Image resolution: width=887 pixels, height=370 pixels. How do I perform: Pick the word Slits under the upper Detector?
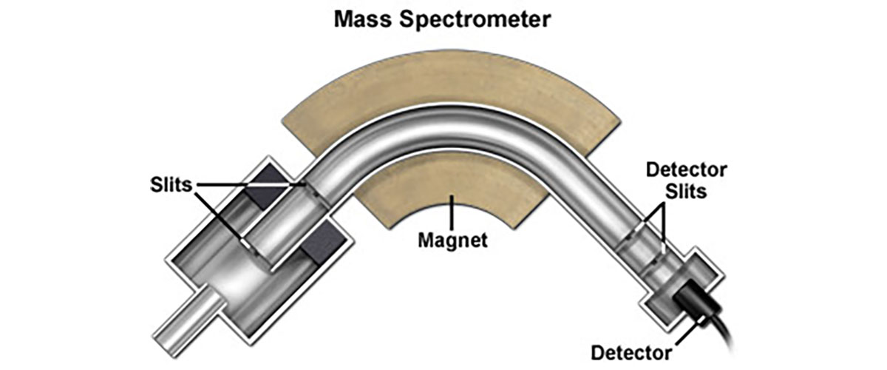point(687,192)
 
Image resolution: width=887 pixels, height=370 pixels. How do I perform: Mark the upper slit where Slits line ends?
point(304,185)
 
